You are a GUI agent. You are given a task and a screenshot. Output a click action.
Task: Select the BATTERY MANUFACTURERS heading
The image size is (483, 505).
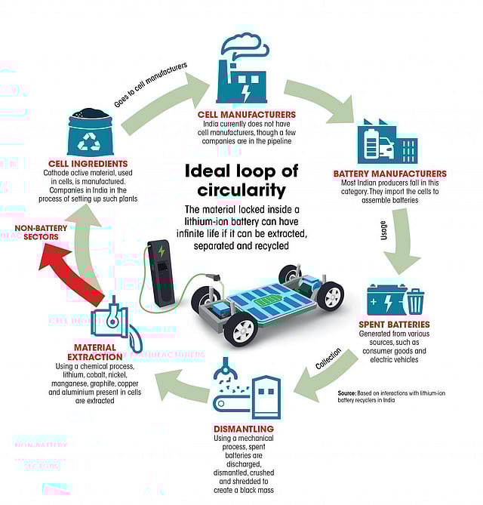(x=389, y=174)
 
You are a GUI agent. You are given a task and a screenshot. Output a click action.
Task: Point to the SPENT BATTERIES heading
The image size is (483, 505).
(x=398, y=325)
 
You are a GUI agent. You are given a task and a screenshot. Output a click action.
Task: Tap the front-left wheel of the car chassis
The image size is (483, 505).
(x=240, y=329)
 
